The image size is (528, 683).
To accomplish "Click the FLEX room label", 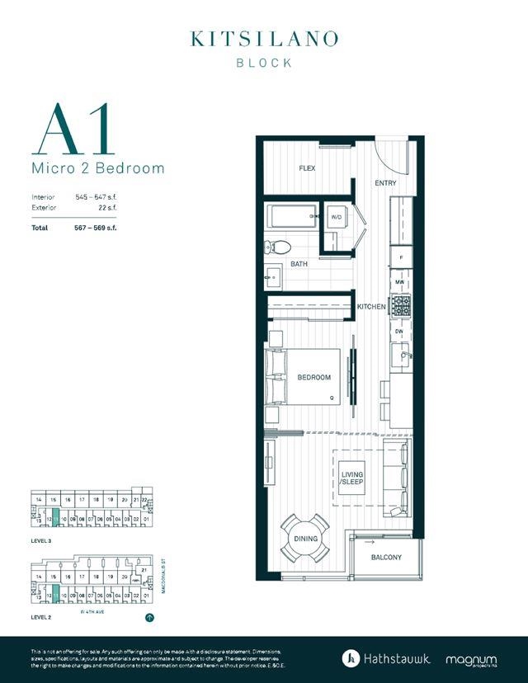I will click(307, 168).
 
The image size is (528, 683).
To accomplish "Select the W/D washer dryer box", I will click(337, 217).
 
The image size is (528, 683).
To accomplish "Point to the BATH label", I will click(299, 265).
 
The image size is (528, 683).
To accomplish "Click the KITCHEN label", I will click(371, 307).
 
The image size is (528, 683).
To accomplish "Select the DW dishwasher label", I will click(400, 331).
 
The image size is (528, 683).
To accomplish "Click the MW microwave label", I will click(400, 282).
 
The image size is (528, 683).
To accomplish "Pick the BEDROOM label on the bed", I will click(313, 378).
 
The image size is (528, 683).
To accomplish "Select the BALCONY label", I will click(386, 558).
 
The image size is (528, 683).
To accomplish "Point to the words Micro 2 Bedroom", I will click(97, 168).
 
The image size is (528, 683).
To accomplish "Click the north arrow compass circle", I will click(149, 616).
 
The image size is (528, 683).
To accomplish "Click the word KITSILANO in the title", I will click(264, 39).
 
